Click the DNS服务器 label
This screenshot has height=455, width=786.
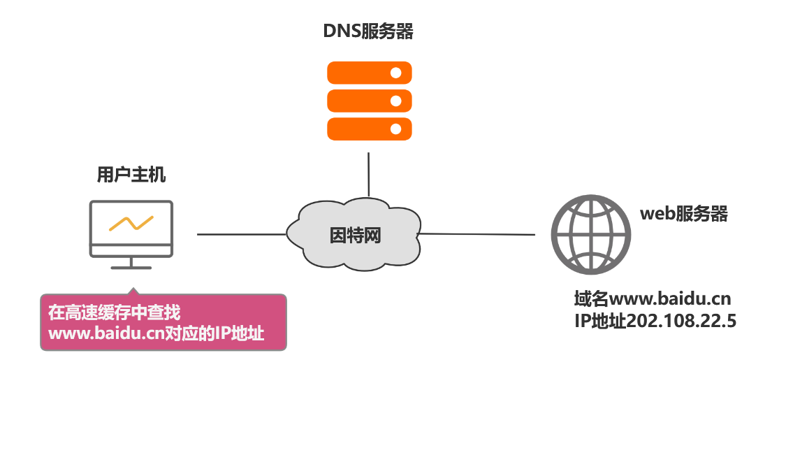pos(367,31)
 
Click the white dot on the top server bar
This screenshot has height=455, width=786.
pos(395,73)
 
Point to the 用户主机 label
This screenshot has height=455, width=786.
pos(131,175)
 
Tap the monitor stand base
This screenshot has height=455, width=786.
pos(131,266)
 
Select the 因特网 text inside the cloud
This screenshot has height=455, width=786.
pos(355,236)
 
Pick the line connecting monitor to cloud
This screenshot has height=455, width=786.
pos(241,235)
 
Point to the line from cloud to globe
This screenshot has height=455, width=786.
pos(479,234)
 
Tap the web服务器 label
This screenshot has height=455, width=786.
pos(684,214)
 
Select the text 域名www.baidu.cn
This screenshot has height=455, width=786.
pos(652,300)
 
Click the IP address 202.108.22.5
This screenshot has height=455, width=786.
pos(681,322)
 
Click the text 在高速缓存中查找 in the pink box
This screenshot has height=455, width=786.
pos(114,312)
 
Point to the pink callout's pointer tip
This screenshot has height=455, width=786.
pos(131,288)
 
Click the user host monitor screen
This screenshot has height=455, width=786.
pos(131,222)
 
